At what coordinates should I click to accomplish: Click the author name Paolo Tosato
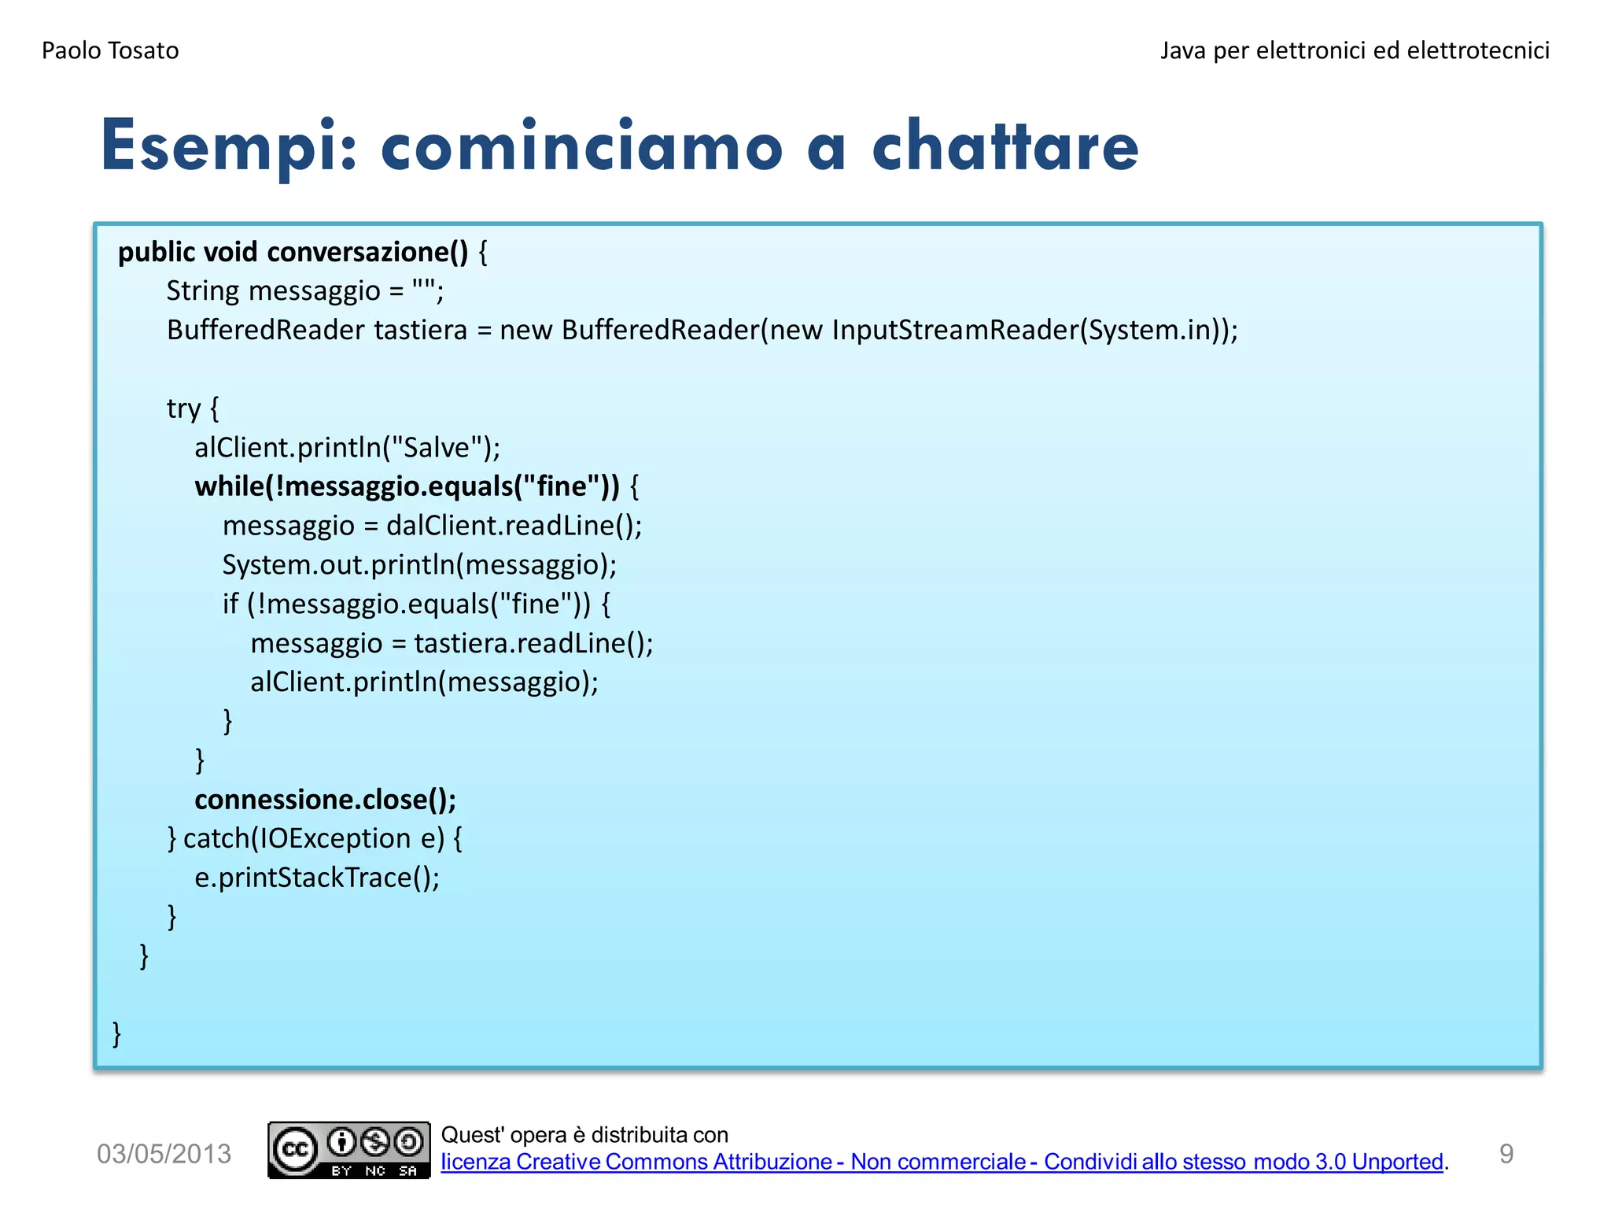pos(110,50)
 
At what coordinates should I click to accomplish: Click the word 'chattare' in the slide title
pos(1005,146)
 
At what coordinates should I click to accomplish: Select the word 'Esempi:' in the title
pos(229,146)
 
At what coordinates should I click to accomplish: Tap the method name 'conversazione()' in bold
pos(367,252)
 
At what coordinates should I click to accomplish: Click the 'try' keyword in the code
pos(183,409)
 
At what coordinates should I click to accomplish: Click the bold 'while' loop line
pos(407,486)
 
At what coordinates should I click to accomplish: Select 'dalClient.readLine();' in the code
pos(514,525)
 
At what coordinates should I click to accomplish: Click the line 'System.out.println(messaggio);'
pos(419,564)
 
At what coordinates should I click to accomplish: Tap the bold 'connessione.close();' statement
pos(325,800)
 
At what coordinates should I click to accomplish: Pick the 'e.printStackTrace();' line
pos(317,878)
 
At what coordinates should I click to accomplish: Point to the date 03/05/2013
pos(164,1154)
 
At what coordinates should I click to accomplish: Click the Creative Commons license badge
pos(348,1150)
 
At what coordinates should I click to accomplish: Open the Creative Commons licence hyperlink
pos(942,1162)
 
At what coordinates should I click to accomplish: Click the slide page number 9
pos(1506,1154)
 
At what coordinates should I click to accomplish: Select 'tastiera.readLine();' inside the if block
pos(533,643)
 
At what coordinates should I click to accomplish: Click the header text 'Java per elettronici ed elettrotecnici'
pos(1354,50)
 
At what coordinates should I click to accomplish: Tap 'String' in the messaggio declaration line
pos(202,291)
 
